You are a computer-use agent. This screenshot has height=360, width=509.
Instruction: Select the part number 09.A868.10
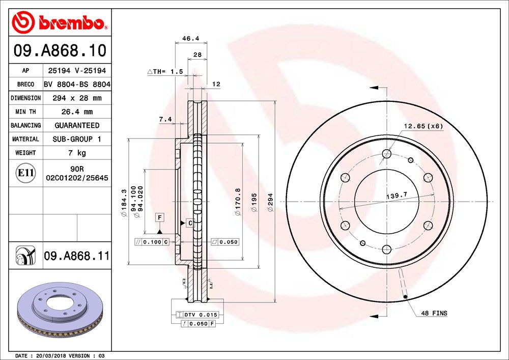[60, 51]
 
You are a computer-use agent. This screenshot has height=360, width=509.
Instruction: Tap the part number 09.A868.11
[76, 256]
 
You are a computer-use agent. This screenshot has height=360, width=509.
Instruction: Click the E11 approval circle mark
[25, 174]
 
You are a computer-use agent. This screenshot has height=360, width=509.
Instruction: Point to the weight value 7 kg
[77, 153]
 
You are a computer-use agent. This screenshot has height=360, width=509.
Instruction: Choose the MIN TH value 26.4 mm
[77, 112]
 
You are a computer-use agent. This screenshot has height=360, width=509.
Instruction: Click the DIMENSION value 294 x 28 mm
[77, 98]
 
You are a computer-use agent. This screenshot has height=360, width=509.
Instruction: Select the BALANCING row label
[25, 125]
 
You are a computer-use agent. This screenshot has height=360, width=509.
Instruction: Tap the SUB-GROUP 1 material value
[77, 139]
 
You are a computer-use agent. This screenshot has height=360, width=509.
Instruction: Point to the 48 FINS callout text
[434, 313]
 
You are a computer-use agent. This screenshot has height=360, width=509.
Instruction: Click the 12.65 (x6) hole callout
[423, 126]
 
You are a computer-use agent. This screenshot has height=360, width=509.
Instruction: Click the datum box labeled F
[160, 217]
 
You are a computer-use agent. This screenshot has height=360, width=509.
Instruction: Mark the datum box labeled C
[189, 223]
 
